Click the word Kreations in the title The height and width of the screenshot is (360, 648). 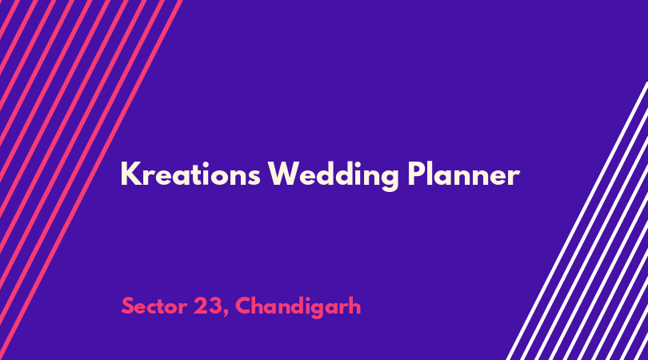pos(190,174)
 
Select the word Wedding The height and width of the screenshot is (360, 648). pos(333,176)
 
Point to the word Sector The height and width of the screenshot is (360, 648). pos(154,306)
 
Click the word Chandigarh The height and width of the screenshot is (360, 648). pos(298,307)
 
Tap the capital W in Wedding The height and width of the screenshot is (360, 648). pos(286,174)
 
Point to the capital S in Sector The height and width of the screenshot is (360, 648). pos(128,306)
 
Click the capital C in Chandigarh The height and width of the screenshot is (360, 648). pos(244,306)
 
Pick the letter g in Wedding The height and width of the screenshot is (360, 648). pos(389,180)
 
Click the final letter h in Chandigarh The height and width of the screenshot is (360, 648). pos(354,306)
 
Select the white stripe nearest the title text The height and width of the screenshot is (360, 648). pos(577,221)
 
